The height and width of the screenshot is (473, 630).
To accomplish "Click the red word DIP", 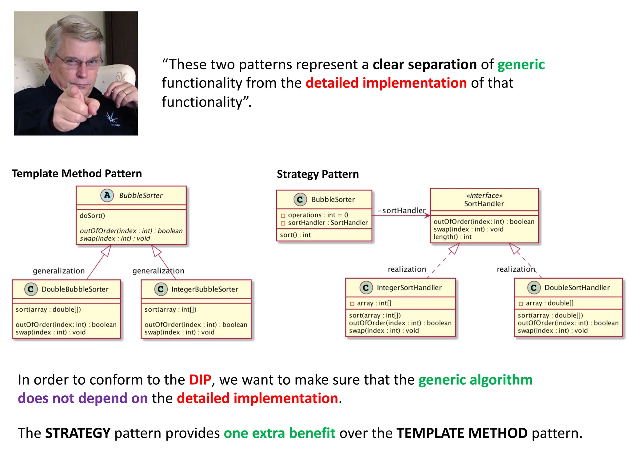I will coord(200,380).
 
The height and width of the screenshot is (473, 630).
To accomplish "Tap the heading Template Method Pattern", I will coord(77,174).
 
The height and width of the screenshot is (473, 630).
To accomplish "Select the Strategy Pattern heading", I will coord(318,174).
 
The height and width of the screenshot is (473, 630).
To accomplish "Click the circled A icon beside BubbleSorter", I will coord(107,195).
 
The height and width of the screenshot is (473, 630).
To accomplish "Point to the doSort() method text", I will coord(92,216).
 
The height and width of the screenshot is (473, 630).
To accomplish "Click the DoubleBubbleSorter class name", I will coord(75,289).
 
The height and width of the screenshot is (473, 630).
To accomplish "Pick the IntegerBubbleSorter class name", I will coord(205,289).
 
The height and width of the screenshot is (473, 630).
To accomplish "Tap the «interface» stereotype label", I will coord(484,196).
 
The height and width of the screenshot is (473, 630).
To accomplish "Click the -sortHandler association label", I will coord(401,210).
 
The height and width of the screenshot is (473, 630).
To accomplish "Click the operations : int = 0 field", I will coord(318,215).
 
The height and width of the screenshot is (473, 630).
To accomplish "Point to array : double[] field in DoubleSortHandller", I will coord(549,303).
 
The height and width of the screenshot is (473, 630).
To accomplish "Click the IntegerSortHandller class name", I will coord(409,288).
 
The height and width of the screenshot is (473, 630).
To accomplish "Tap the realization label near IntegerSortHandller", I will coord(407,269).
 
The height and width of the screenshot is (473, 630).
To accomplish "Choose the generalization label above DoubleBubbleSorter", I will coord(59,271).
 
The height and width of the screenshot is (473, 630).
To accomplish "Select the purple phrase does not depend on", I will coord(83,398).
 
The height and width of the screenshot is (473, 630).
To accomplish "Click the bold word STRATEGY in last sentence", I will coord(78,433).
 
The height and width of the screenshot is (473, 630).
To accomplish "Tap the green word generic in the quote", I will coord(521,65).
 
